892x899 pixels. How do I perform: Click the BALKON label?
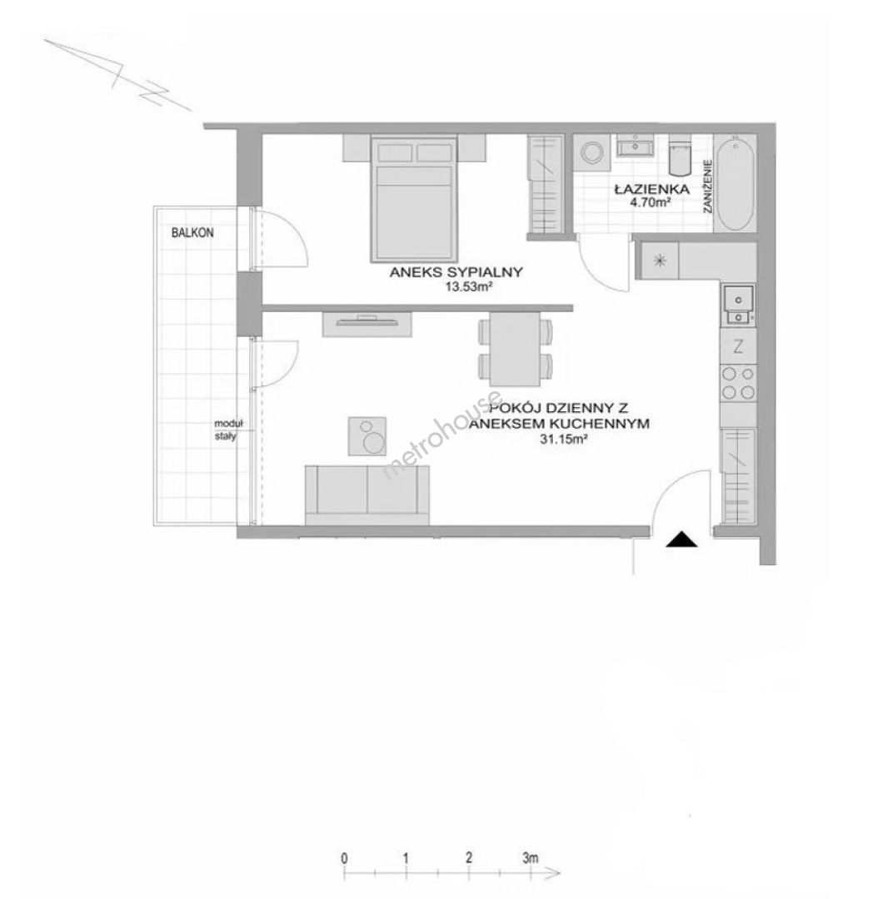pos(192,233)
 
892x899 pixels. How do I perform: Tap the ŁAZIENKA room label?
pos(651,189)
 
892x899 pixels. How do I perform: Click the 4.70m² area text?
pos(650,202)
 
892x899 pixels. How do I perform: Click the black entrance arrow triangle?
pos(681,539)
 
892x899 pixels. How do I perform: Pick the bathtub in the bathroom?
pos(735,183)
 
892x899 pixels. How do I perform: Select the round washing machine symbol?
pos(591,152)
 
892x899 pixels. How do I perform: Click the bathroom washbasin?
pos(635,147)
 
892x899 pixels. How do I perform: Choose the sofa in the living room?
pos(367,495)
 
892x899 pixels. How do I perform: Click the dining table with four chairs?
pos(515,350)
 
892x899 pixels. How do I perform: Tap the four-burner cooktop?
pos(738,383)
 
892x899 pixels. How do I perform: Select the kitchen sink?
pos(738,305)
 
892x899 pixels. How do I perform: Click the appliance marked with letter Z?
pos(738,346)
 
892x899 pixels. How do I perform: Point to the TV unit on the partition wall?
pos(367,324)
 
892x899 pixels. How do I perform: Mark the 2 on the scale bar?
pos(469,857)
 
